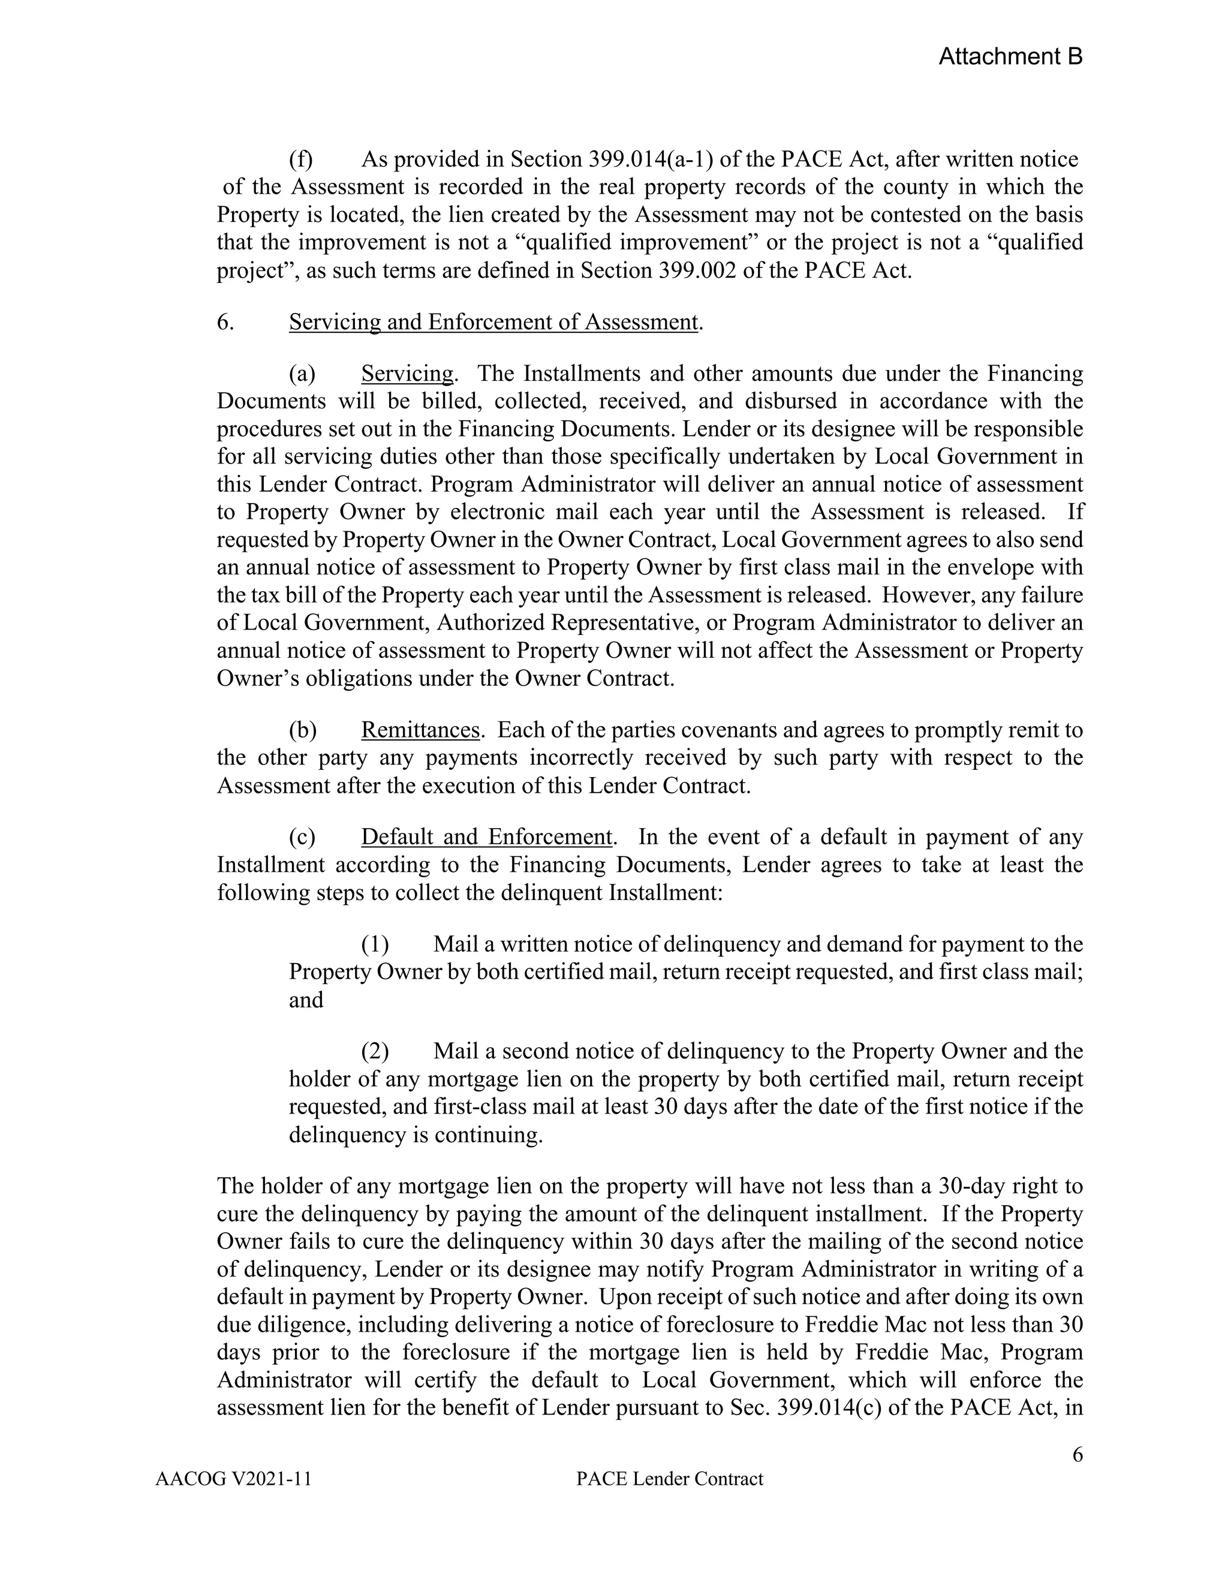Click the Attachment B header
(x=1010, y=57)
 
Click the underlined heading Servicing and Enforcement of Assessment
(x=492, y=321)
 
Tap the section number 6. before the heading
(x=225, y=321)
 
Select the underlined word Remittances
(x=420, y=730)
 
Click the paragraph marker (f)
(x=300, y=159)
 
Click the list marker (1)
(x=375, y=944)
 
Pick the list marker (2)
(x=375, y=1051)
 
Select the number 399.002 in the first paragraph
(x=696, y=270)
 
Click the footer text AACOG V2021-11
(x=233, y=1479)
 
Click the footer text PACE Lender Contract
(x=669, y=1479)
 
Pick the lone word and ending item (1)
(x=306, y=1000)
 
